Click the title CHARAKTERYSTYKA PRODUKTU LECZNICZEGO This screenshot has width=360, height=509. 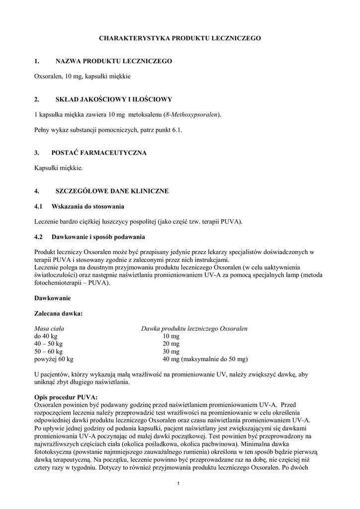tap(180, 38)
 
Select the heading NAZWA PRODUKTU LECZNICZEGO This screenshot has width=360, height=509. tap(113, 61)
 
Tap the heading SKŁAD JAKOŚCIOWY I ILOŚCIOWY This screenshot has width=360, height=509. tap(113, 99)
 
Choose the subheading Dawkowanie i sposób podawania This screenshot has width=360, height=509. tap(98, 236)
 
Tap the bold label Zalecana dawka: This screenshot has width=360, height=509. tap(58, 314)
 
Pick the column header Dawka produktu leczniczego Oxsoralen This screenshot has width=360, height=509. tap(194, 329)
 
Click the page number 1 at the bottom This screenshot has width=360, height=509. tap(179, 484)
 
